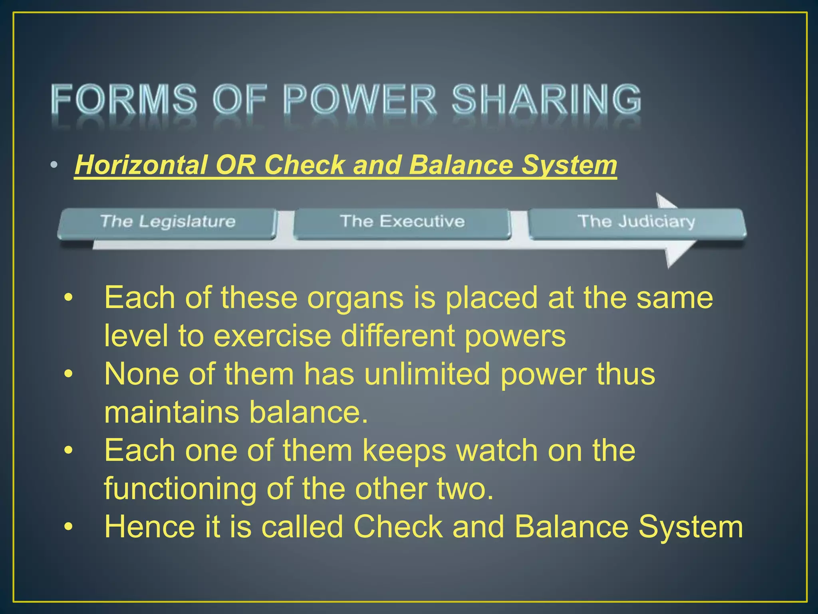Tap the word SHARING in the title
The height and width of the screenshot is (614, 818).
tap(546, 99)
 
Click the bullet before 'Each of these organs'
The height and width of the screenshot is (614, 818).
tap(69, 298)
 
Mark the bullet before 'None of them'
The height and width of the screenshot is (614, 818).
tap(69, 374)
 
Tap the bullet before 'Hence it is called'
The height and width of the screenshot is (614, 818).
tap(69, 527)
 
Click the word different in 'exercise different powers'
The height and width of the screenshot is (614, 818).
tap(397, 336)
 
